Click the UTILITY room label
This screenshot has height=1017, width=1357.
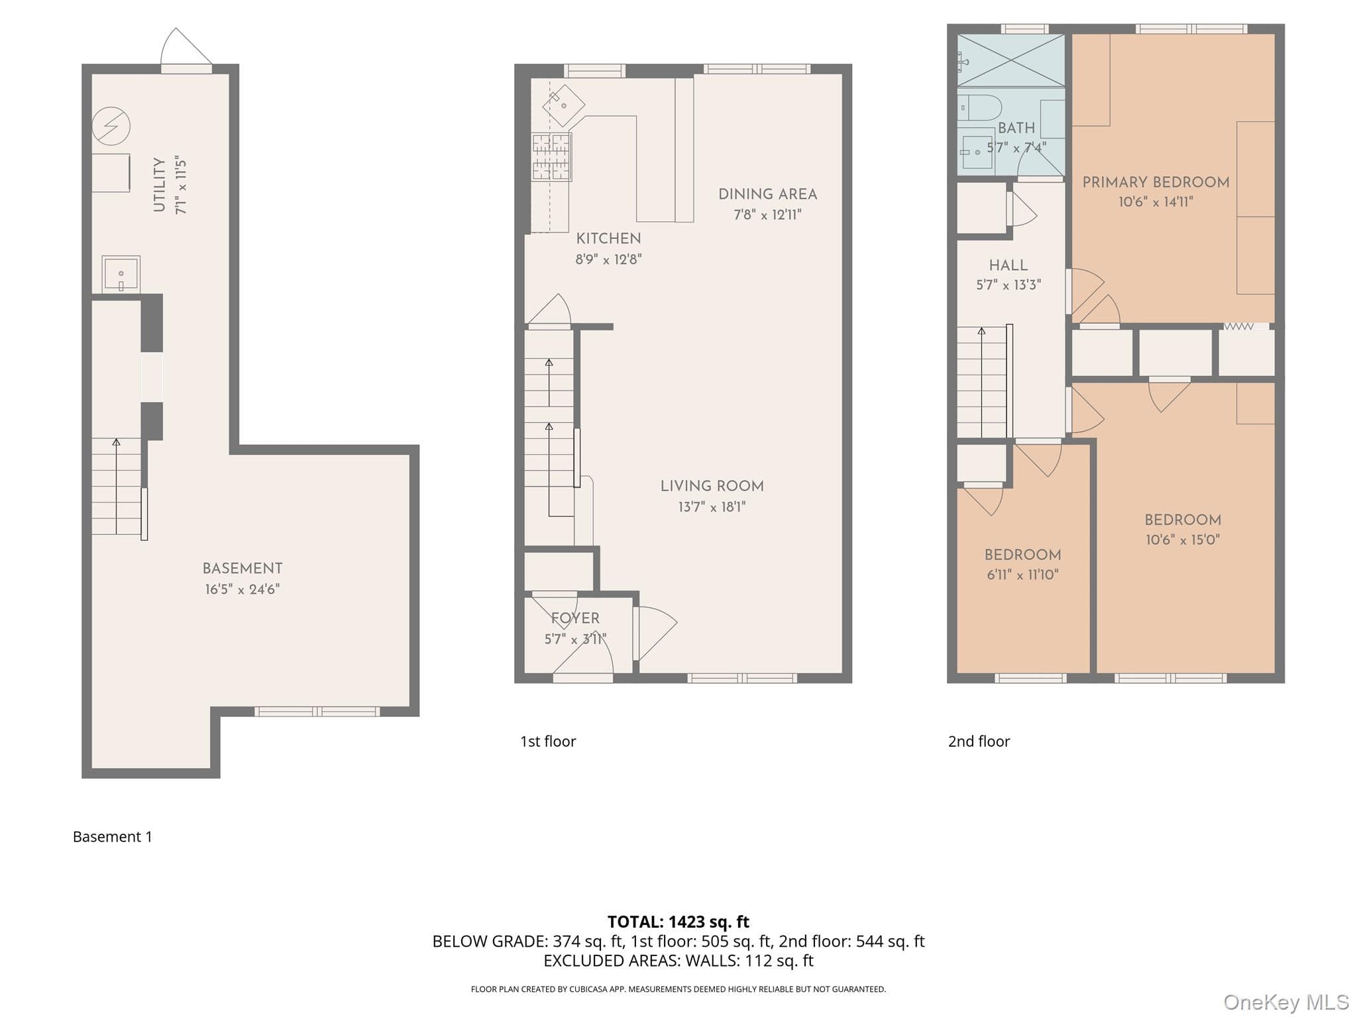coord(160,185)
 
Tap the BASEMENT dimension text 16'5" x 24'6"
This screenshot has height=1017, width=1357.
coord(243,589)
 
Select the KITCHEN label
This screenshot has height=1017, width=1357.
coord(608,238)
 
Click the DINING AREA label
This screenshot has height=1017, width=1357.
coord(768,194)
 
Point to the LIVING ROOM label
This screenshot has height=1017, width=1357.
coord(712,486)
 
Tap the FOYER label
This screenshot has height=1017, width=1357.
coord(575,618)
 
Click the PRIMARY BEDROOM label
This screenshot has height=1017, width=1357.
coord(1156,182)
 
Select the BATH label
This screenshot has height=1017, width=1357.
coord(1016,128)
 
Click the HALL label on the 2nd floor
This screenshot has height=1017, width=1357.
coord(1008,266)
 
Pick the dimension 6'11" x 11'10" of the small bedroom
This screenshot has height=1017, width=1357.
coord(1023,575)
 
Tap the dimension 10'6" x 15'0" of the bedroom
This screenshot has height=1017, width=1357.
coord(1183,540)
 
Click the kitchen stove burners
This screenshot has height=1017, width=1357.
coord(551,157)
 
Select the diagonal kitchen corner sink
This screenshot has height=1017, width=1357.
coord(564,105)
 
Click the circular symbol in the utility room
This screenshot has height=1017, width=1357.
coord(111,126)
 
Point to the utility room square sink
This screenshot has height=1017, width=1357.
coord(121,274)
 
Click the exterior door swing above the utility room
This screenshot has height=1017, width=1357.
coord(187,46)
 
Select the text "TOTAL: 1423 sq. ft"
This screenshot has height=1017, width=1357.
coord(678,922)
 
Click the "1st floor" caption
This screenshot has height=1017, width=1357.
coord(548,741)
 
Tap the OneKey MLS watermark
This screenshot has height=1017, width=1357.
coord(1286,1002)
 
